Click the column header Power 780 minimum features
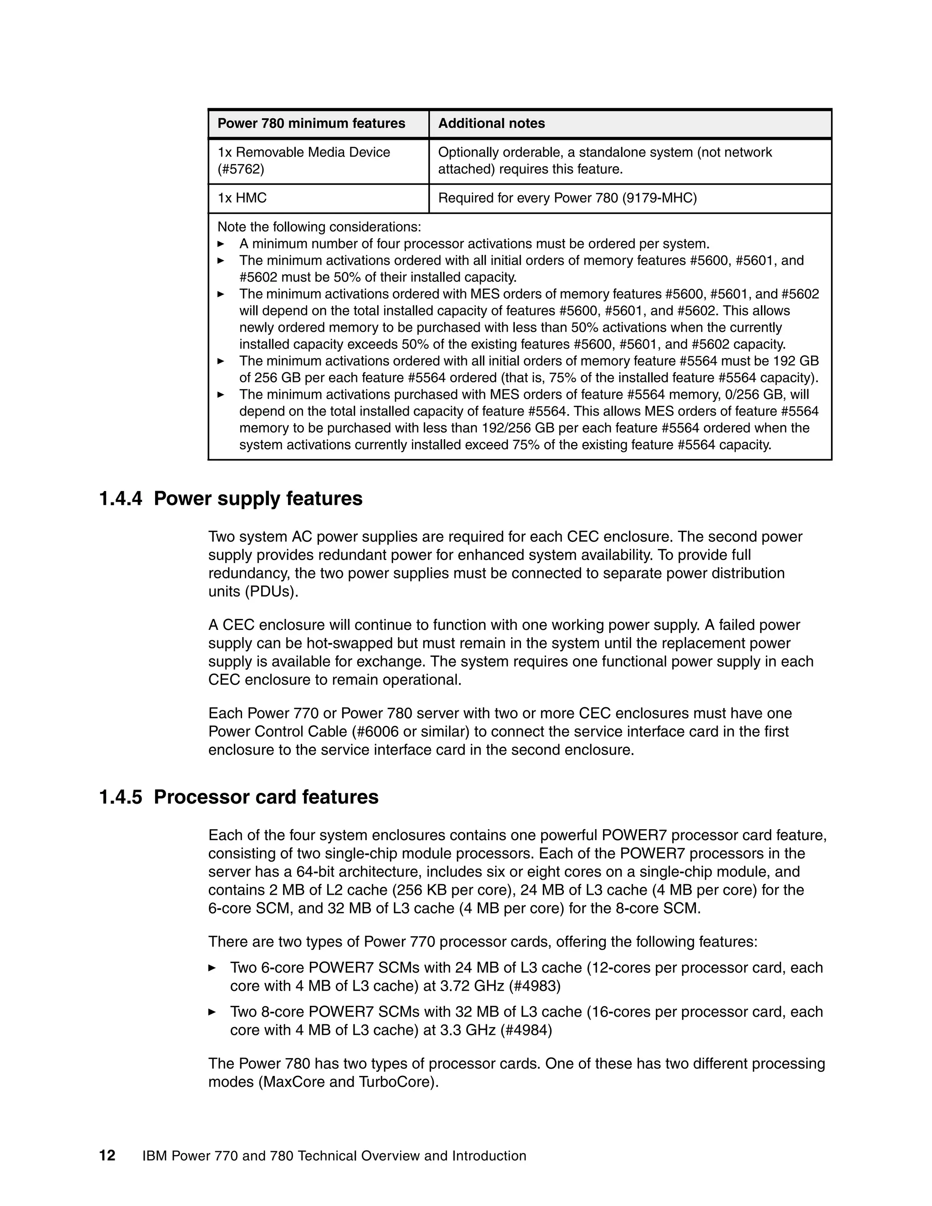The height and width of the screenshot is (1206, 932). (311, 123)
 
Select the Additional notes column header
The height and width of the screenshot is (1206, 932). (491, 123)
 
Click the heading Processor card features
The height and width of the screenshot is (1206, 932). (266, 797)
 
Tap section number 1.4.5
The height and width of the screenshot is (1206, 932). (120, 797)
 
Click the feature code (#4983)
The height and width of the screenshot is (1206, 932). (530, 986)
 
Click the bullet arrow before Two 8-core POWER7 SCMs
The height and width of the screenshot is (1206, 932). (212, 1012)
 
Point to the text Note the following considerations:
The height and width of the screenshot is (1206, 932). (319, 227)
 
